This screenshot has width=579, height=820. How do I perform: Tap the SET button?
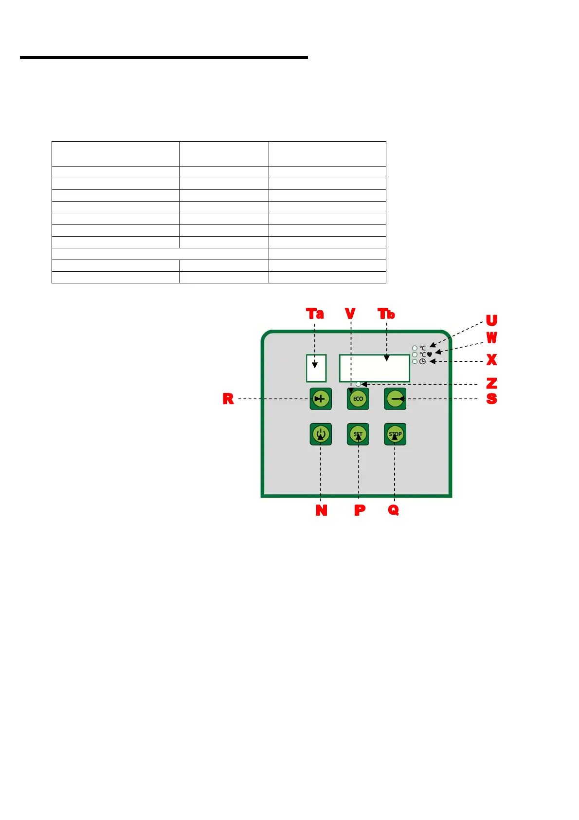[x=358, y=434]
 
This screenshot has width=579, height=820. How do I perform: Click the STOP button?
[x=395, y=434]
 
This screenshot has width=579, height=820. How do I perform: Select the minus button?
[x=395, y=399]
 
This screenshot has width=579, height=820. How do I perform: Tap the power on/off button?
[x=321, y=434]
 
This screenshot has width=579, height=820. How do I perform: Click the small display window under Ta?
[x=316, y=369]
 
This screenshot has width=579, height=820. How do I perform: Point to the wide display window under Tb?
[x=375, y=369]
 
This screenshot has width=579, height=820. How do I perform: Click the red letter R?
[x=228, y=399]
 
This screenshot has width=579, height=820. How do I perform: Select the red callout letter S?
[x=491, y=399]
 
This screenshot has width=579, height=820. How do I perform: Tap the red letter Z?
[x=491, y=383]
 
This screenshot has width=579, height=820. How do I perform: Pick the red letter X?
[x=491, y=360]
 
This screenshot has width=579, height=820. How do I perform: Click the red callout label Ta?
[x=315, y=314]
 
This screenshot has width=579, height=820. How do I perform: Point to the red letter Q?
[x=394, y=510]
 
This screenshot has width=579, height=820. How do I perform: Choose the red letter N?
[x=321, y=510]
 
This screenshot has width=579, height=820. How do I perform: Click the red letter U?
[x=491, y=320]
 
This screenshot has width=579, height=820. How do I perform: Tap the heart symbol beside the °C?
[x=429, y=354]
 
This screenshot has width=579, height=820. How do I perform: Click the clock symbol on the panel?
[x=422, y=361]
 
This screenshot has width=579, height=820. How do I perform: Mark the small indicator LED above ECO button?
[x=358, y=384]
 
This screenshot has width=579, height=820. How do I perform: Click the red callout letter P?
[x=360, y=510]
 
